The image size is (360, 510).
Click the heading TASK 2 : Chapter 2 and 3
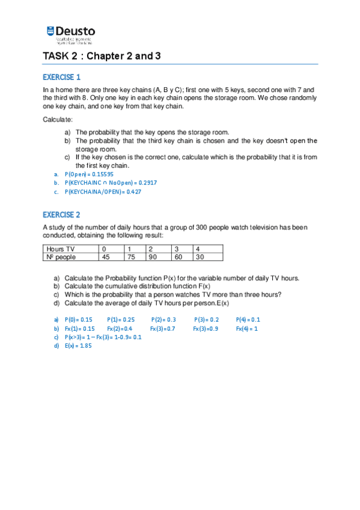102,57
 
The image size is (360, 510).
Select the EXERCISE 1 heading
61,77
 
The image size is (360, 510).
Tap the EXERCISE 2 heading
61,215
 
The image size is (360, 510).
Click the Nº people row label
60,257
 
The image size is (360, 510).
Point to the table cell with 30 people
200,257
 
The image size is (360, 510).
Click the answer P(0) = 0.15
78,320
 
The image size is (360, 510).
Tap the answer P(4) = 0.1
248,320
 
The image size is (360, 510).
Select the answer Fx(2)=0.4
120,329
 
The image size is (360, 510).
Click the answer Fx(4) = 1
246,329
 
